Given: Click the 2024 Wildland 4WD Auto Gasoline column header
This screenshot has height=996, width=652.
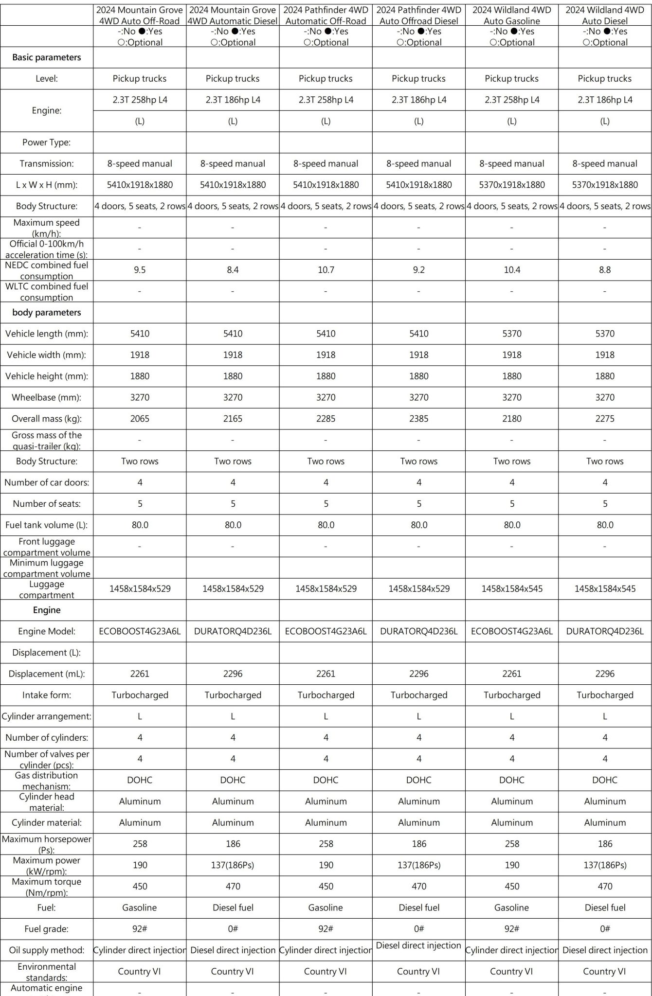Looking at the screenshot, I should tap(512, 16).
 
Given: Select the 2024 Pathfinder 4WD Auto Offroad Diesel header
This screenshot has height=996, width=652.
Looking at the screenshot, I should tap(419, 16).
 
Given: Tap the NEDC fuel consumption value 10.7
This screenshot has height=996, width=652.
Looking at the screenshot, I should tap(326, 270).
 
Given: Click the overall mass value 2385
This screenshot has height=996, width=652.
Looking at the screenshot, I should tap(419, 419).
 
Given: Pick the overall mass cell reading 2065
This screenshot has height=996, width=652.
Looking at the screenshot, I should tap(140, 419).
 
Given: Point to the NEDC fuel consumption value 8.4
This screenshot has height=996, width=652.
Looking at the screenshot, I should tap(233, 270).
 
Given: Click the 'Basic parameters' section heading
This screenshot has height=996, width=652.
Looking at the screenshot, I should tap(47, 57).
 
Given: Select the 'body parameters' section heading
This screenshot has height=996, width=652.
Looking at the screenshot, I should tap(47, 313).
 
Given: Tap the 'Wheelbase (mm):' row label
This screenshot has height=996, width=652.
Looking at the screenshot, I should tap(47, 397).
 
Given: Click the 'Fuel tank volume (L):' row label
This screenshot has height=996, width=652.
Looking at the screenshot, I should tap(47, 525).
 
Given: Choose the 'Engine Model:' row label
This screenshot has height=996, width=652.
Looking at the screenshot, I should tap(47, 631).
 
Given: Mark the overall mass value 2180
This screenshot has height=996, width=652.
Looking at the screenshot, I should tap(512, 419).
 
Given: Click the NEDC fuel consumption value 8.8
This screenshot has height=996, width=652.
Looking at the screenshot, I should tap(605, 270).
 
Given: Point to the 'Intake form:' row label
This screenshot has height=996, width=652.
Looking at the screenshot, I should tap(47, 695).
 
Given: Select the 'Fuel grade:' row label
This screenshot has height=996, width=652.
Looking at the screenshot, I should tap(47, 929).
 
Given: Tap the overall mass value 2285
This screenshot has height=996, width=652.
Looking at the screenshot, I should tap(326, 419).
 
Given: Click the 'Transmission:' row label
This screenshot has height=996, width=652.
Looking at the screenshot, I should tap(47, 164).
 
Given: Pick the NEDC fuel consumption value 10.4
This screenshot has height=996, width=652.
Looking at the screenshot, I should tap(512, 270).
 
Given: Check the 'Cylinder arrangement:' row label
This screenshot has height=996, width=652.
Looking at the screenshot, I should tap(47, 716).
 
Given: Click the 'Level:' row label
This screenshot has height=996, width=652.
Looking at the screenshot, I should tap(47, 79).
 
